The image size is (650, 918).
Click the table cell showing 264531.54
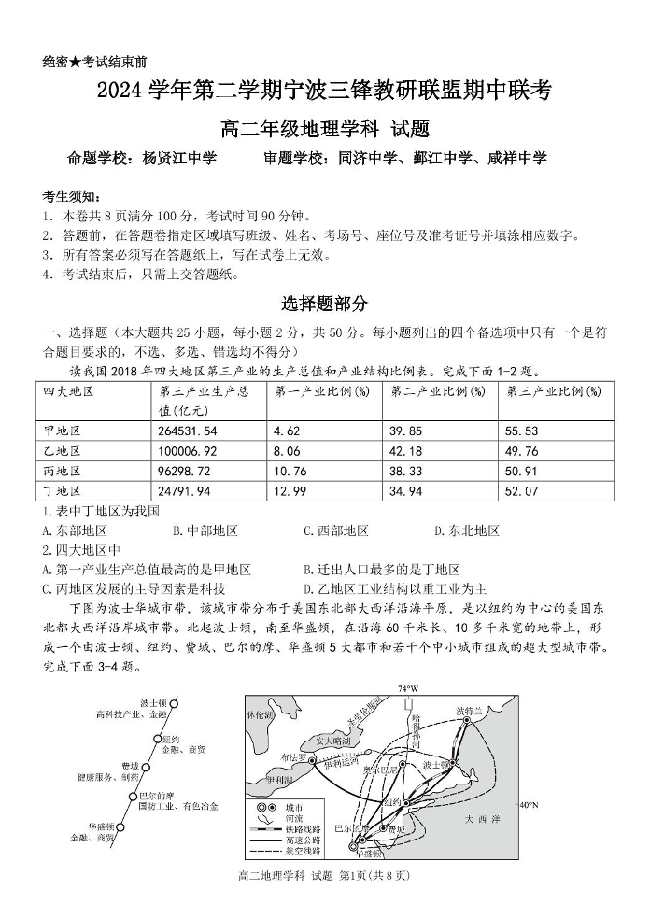tap(189, 431)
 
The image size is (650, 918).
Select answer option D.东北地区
tap(467, 530)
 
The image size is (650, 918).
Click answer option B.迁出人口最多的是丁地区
tap(382, 569)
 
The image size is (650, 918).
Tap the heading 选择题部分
tap(325, 304)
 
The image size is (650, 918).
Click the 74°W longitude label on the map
tap(408, 688)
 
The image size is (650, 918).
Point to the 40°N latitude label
tap(529, 804)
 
